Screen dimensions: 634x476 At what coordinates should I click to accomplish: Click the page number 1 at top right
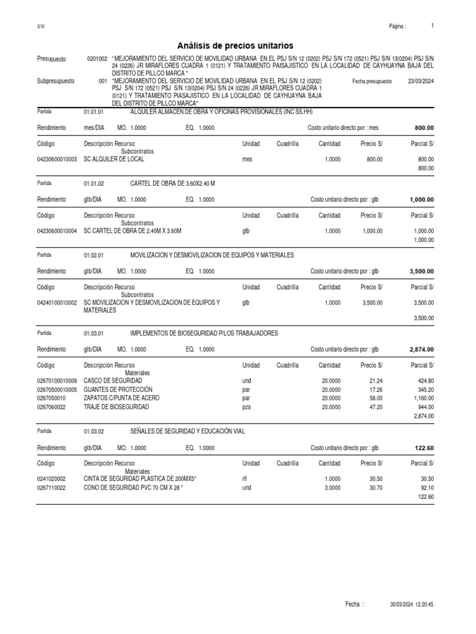432,26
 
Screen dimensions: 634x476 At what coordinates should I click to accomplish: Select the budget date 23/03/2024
421,81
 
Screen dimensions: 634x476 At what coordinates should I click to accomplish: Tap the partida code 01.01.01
94,113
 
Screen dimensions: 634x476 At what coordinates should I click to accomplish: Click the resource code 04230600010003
57,159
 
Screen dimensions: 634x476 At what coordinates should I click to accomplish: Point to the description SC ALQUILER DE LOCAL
113,159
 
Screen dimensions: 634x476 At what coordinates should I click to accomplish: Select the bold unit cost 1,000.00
421,199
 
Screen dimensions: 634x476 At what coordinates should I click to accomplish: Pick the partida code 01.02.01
94,255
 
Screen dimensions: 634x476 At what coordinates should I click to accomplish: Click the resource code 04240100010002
57,302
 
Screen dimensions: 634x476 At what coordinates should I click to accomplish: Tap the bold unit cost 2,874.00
421,349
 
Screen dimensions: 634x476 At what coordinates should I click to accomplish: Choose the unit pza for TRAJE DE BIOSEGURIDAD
247,407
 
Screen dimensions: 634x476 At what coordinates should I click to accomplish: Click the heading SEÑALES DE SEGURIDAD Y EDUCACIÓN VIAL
187,431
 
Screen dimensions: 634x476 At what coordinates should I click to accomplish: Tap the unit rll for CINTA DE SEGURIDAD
244,479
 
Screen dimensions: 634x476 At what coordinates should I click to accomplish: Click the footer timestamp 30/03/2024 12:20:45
412,604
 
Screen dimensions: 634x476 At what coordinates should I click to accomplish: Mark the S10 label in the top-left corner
40,27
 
